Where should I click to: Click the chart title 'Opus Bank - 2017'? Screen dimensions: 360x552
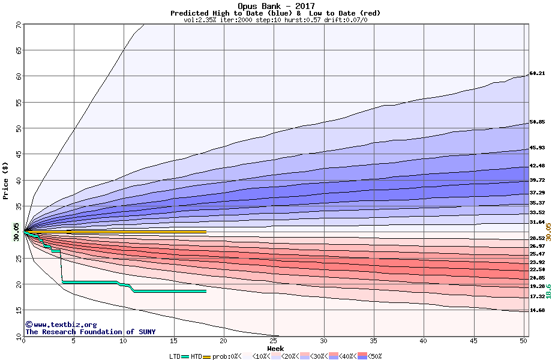click(276, 6)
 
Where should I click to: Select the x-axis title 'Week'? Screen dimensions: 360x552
click(275, 349)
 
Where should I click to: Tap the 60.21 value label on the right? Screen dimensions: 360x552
click(537, 74)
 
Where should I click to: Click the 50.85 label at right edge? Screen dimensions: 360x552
click(537, 122)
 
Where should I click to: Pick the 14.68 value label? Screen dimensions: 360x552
click(537, 311)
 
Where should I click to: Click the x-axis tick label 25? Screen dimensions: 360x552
click(274, 341)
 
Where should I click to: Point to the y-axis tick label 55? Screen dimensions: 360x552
click(18, 102)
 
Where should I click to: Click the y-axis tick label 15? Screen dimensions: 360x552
click(18, 310)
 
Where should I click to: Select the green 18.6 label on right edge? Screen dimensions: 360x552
click(548, 291)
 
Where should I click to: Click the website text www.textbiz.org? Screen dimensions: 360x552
click(62, 325)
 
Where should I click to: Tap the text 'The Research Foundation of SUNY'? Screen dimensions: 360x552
click(91, 332)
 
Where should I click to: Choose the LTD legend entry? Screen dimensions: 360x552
click(175, 356)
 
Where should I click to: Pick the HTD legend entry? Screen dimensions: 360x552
click(196, 356)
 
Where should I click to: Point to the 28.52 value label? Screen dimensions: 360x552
click(537, 239)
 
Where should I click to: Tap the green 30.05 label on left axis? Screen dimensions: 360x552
click(17, 231)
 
